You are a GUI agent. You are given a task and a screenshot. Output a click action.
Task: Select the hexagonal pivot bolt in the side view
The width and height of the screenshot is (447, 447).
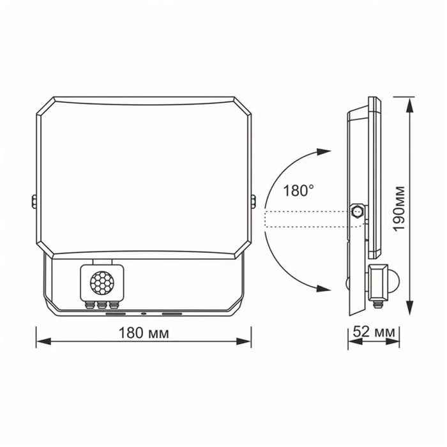358,210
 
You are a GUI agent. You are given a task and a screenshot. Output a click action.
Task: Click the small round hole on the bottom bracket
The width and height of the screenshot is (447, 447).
144,314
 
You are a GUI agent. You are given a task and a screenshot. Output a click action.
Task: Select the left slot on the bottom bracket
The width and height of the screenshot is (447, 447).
116,314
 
